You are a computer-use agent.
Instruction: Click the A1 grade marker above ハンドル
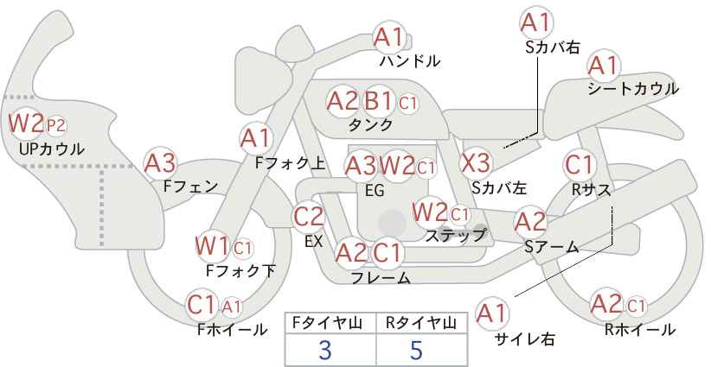[x=388, y=38]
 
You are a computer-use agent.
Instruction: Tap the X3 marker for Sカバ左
[x=475, y=163]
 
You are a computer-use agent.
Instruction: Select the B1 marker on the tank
[x=379, y=101]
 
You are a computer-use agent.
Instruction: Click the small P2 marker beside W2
[x=56, y=126]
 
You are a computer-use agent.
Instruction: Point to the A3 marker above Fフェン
[x=160, y=163]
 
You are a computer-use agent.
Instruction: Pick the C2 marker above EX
[x=309, y=217]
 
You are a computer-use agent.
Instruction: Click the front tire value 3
[x=325, y=351]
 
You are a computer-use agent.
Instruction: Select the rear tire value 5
[x=416, y=351]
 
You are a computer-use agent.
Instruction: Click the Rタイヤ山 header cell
[x=421, y=323]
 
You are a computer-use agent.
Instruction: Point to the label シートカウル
[x=633, y=89]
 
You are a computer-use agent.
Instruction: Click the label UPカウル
[x=51, y=149]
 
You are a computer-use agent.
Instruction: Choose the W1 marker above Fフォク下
[x=212, y=247]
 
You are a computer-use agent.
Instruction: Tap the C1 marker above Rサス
[x=579, y=165]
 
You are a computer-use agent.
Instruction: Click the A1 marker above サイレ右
[x=492, y=313]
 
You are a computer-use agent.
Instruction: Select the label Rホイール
[x=640, y=330]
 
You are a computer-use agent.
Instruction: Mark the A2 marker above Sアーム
[x=530, y=222]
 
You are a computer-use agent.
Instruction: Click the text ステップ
[x=455, y=236]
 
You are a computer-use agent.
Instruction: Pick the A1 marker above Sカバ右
[x=537, y=22]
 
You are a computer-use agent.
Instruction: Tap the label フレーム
[x=381, y=277]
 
